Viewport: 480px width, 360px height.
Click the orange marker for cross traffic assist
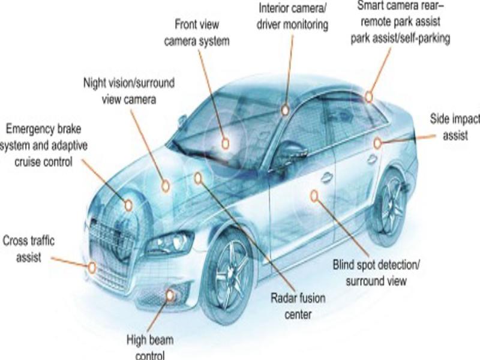(x=92, y=268)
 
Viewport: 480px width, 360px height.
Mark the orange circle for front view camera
(x=225, y=143)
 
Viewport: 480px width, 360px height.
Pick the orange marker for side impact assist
(x=377, y=143)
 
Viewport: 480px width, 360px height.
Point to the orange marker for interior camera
(x=286, y=109)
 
